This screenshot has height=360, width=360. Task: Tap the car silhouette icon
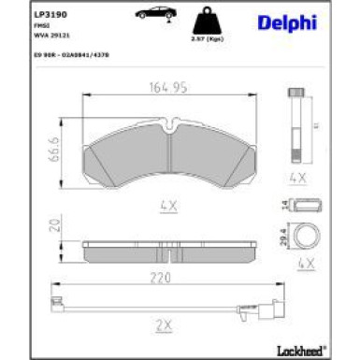152,13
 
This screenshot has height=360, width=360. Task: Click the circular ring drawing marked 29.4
304,237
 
